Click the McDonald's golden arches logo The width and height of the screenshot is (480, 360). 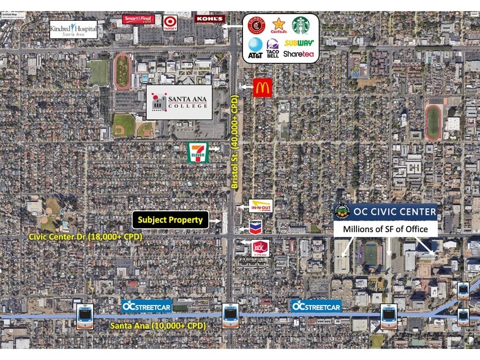(x=263, y=88)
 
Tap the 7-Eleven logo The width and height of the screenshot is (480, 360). (x=198, y=152)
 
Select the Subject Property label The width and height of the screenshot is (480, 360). (x=170, y=220)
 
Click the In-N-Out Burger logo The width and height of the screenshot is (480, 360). (x=260, y=206)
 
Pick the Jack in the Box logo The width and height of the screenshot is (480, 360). (x=260, y=247)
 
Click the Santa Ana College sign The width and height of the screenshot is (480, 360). (x=179, y=102)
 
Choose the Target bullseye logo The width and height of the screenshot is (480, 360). (x=170, y=23)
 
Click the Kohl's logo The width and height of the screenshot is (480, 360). (x=209, y=18)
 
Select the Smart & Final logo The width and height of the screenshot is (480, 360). (x=138, y=19)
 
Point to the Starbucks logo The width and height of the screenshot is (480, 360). (x=301, y=26)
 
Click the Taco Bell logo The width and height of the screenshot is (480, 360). (x=273, y=48)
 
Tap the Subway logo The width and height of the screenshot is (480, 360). (x=299, y=43)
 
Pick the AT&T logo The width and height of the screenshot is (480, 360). (x=255, y=47)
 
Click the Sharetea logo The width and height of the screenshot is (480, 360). (x=299, y=54)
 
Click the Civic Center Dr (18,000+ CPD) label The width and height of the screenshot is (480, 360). (x=86, y=236)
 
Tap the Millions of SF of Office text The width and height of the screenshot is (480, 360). (x=386, y=229)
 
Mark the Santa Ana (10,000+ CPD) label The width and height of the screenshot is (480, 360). (x=158, y=326)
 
